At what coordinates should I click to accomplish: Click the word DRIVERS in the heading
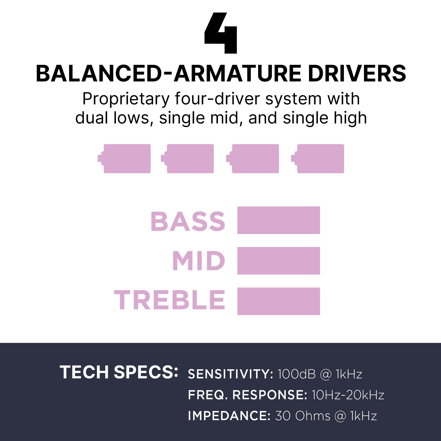coord(357,73)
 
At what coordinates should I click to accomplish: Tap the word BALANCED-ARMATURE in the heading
coord(169,73)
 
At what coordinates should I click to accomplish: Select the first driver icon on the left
coord(124,158)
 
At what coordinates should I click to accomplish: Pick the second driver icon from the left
coord(187,158)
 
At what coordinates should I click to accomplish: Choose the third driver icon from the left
coord(253,158)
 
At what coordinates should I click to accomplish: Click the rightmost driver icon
coord(318,158)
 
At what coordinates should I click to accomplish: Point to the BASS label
coord(188,221)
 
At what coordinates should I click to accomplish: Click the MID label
coord(199,261)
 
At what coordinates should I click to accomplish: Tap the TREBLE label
coord(170,300)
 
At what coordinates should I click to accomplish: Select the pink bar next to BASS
coord(279,220)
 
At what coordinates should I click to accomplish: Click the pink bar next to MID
coord(279,261)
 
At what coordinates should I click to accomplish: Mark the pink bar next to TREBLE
coord(279,301)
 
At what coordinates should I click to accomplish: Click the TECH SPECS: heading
coord(119,372)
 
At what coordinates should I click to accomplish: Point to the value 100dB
coord(297,374)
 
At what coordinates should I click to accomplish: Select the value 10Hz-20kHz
coord(348,395)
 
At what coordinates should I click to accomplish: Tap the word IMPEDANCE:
coord(229,416)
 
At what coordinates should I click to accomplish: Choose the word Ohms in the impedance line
coord(313,416)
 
